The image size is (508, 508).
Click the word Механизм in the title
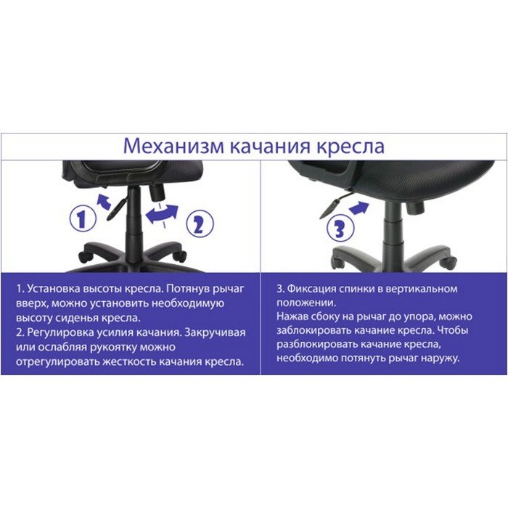173,146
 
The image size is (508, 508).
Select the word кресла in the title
351,147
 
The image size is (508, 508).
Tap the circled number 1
83,219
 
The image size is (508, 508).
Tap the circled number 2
200,224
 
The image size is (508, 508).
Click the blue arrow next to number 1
105,202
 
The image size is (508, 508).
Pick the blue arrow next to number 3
359,208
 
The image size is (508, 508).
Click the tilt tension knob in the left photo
157,192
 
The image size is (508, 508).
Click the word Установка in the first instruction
53,289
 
